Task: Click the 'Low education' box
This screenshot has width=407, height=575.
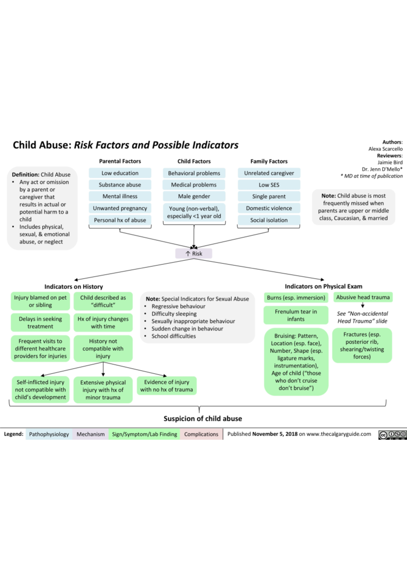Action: (x=120, y=173)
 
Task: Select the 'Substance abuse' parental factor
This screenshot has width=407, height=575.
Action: (x=120, y=185)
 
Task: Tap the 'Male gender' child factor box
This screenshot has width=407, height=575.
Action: (x=194, y=196)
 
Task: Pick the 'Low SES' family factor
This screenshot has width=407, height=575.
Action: (x=269, y=185)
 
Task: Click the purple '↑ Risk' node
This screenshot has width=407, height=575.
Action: (x=194, y=253)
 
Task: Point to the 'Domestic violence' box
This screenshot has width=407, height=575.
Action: (x=269, y=208)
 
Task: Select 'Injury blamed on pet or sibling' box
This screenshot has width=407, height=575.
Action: (x=40, y=301)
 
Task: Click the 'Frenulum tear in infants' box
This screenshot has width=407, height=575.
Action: (x=296, y=315)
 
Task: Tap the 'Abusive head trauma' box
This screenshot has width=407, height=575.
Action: (x=363, y=297)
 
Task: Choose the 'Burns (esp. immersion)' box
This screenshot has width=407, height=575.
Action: (x=296, y=297)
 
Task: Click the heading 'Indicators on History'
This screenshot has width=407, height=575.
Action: (x=74, y=286)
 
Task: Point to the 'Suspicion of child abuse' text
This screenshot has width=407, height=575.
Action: (x=203, y=419)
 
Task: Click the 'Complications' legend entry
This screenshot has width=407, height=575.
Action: (x=201, y=434)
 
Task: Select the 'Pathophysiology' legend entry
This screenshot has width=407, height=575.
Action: (x=49, y=434)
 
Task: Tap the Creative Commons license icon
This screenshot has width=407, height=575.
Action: (x=392, y=435)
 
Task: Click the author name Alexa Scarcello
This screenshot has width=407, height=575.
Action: (x=386, y=149)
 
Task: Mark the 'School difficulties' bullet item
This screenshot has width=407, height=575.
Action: (x=173, y=336)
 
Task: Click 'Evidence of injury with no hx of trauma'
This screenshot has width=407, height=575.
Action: (x=167, y=386)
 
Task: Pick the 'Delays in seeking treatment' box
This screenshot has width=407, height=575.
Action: (x=40, y=322)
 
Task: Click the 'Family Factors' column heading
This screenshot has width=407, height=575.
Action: (x=269, y=161)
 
